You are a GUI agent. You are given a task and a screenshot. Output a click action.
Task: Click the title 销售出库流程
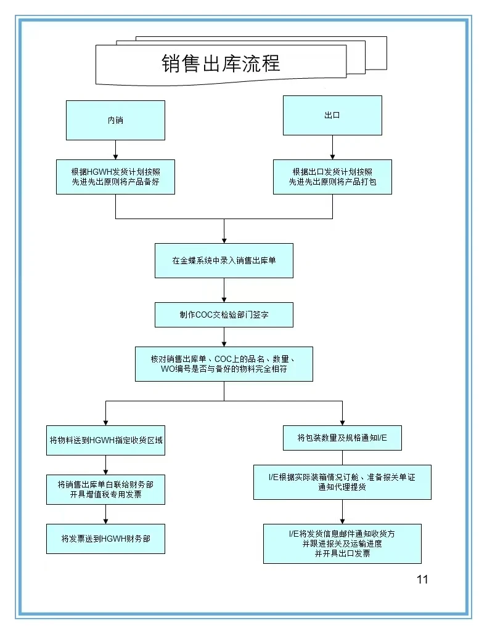pos(221,63)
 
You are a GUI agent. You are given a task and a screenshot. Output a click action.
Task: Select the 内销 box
pos(115,120)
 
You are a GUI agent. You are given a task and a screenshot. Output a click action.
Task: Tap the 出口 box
pos(332,115)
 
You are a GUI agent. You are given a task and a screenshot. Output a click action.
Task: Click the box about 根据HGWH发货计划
pos(115,177)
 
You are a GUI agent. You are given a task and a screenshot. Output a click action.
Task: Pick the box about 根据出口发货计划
pos(332,177)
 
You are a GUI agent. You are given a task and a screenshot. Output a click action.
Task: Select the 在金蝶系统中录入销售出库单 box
pos(224,260)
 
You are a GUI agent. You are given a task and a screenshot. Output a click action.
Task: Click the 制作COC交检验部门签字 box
pos(224,315)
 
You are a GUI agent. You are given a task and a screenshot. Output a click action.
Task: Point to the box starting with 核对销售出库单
pos(224,364)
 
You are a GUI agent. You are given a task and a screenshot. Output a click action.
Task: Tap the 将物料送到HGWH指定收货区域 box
pos(105,440)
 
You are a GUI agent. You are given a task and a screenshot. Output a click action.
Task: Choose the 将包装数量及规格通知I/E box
pos(342,438)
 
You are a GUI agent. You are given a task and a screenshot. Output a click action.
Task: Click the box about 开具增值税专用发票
pos(105,489)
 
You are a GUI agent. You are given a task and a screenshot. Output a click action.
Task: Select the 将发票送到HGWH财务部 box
pos(105,539)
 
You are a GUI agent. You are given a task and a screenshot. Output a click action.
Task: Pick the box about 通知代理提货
pos(342,482)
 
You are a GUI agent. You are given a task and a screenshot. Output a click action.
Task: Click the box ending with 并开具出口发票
pos(342,544)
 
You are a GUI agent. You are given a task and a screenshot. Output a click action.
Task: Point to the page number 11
pos(422,579)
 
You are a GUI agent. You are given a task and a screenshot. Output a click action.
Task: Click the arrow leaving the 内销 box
pos(115,150)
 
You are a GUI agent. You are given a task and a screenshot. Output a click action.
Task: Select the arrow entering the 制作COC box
pos(224,290)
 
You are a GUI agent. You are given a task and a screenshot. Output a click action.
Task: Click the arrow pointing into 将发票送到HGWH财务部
pos(105,514)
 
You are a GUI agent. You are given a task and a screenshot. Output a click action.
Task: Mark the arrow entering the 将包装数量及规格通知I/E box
pos(342,413)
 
